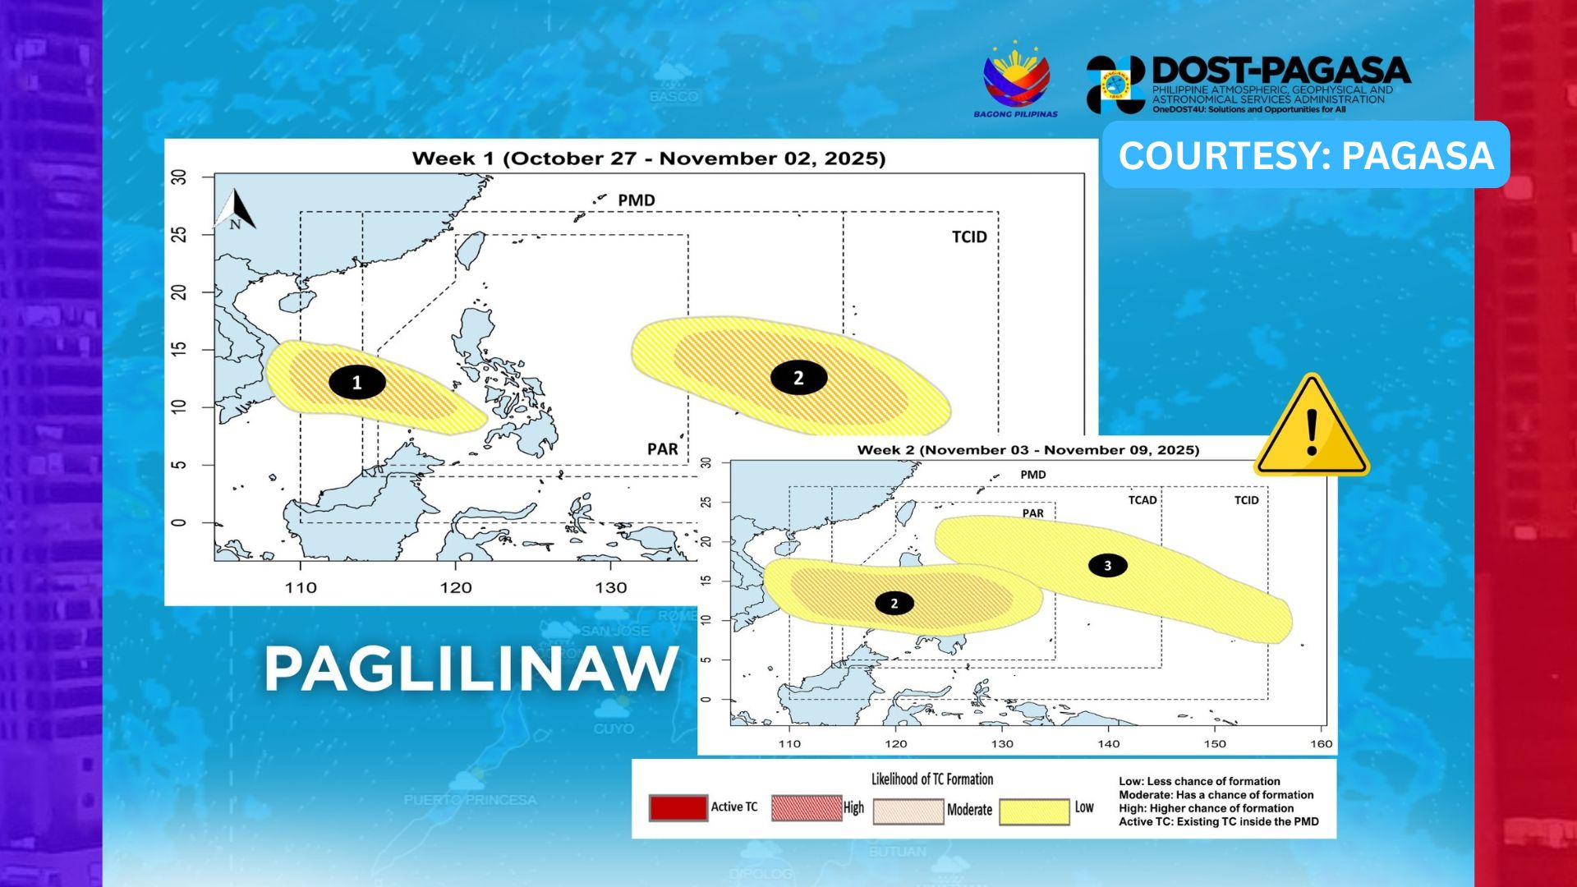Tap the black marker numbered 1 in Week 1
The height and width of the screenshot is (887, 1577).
(356, 383)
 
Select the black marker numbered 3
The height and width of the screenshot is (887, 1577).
(1107, 565)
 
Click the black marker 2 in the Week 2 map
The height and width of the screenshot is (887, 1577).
(894, 603)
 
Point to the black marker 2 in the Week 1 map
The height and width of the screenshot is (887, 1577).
(798, 378)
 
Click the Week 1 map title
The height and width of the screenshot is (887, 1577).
(648, 159)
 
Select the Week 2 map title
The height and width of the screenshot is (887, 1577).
(1028, 450)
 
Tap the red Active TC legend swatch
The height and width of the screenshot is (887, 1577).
(678, 808)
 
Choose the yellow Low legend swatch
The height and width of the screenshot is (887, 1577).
(1034, 811)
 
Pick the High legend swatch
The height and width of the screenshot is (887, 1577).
(806, 808)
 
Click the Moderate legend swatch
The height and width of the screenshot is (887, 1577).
(908, 811)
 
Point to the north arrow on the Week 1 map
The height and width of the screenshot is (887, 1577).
(237, 210)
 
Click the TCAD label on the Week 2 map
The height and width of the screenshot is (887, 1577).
(1142, 500)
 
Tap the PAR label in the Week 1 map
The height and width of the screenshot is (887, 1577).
(662, 449)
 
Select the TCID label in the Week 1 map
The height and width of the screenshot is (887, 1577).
(969, 237)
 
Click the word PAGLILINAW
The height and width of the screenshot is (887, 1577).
(471, 669)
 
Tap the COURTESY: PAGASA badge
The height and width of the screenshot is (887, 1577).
(1305, 155)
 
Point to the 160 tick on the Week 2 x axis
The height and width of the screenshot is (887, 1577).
(1321, 744)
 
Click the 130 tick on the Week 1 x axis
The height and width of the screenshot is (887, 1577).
(610, 588)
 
